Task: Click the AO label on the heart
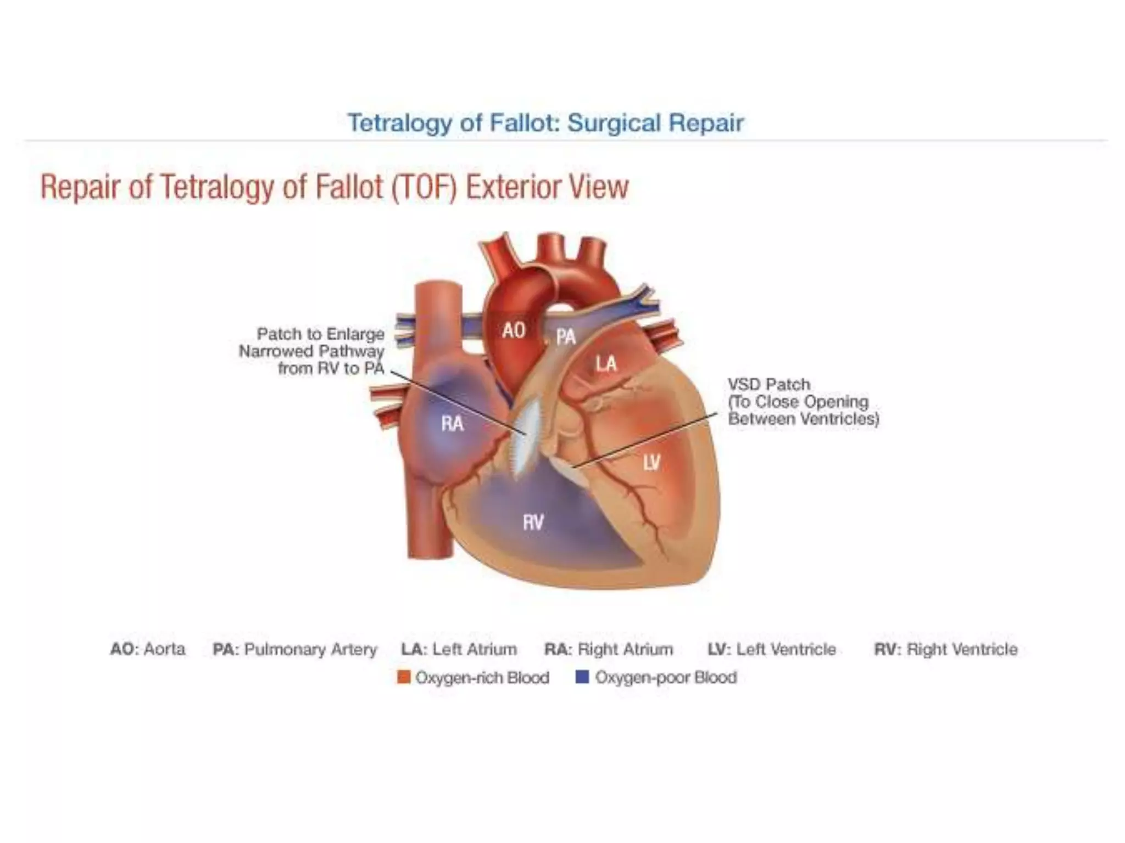click(514, 330)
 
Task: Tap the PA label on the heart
click(566, 336)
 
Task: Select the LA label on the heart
click(606, 363)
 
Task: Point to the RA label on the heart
click(452, 423)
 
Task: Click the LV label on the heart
click(651, 463)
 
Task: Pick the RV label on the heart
click(533, 522)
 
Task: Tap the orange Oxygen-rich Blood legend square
click(404, 677)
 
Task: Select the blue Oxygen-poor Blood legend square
click(582, 677)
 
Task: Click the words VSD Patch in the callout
click(768, 384)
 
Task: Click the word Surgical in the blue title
click(614, 122)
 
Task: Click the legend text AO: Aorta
click(147, 649)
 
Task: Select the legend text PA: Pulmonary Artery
click(295, 649)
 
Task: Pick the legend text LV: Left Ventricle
click(772, 649)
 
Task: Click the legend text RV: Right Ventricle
click(945, 649)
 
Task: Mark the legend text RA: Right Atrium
click(609, 649)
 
